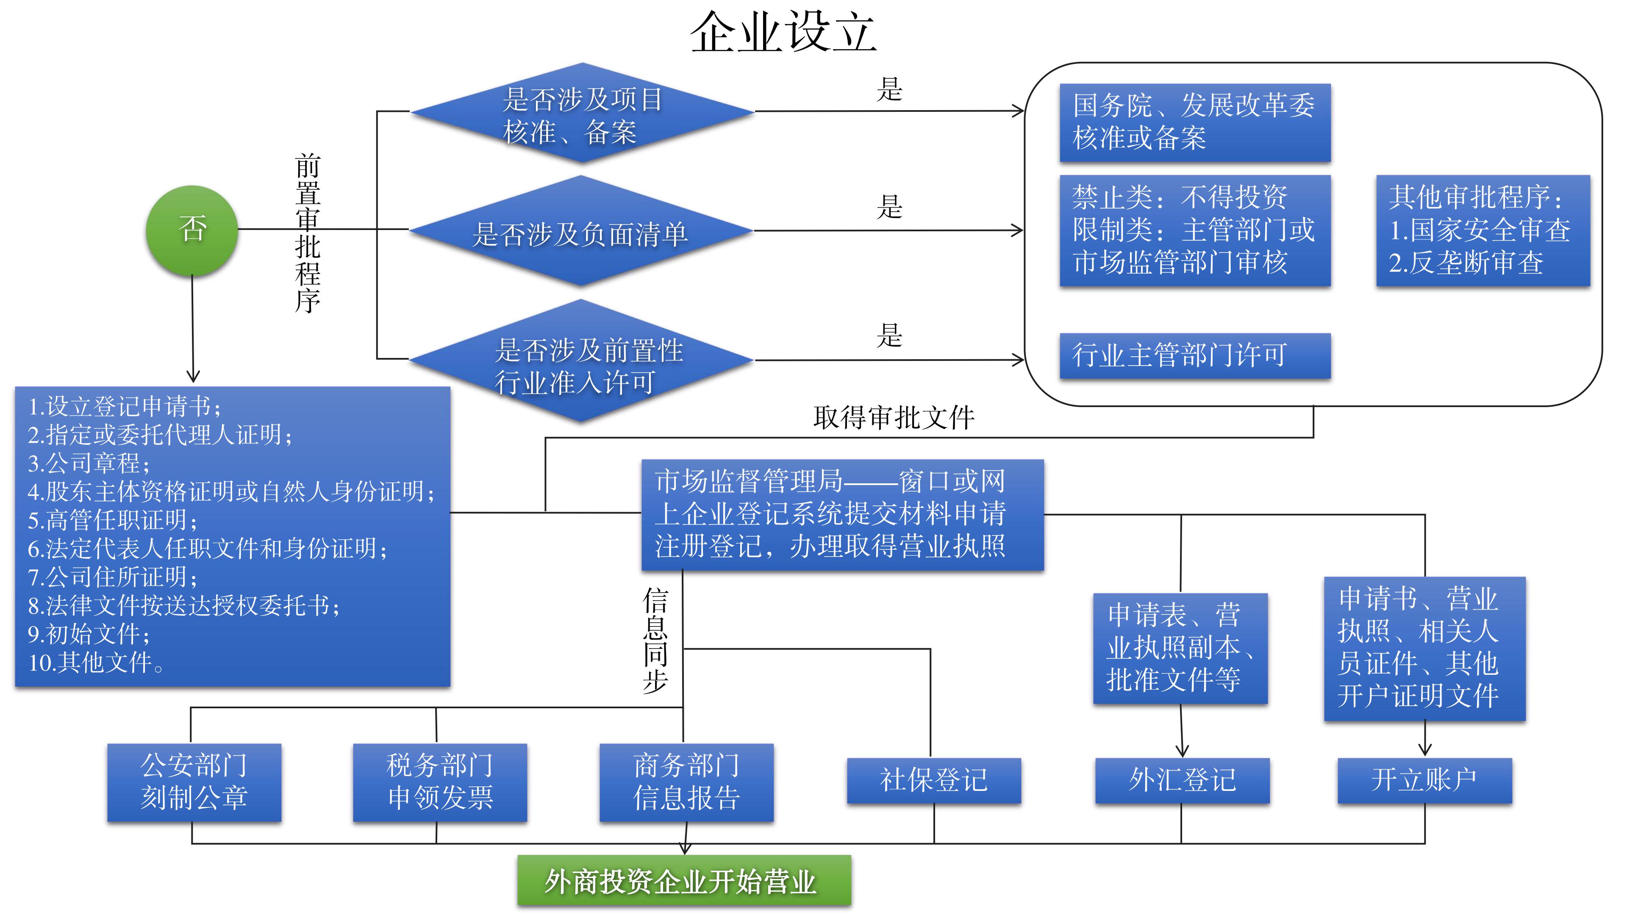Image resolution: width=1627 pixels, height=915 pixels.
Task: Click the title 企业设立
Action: (x=783, y=33)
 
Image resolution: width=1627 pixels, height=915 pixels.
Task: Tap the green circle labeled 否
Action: (x=192, y=230)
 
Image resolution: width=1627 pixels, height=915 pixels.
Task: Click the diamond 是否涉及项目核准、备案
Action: (x=582, y=114)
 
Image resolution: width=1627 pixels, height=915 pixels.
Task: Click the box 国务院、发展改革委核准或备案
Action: (x=1194, y=122)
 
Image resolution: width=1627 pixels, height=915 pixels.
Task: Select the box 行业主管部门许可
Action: (x=1194, y=355)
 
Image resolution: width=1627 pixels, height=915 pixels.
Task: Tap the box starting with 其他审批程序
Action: (x=1483, y=230)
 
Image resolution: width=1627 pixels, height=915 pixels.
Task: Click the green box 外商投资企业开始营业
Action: (x=683, y=881)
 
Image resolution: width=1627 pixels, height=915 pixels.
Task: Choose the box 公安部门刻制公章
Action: (x=194, y=782)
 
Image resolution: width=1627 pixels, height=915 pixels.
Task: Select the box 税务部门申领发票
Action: (x=440, y=782)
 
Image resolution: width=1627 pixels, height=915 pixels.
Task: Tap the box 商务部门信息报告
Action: (x=686, y=782)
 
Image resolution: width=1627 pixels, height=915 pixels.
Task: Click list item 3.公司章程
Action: (x=89, y=463)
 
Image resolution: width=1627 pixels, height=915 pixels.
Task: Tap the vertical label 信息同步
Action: (x=655, y=641)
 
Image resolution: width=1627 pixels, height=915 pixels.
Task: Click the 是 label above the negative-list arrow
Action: (x=889, y=207)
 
